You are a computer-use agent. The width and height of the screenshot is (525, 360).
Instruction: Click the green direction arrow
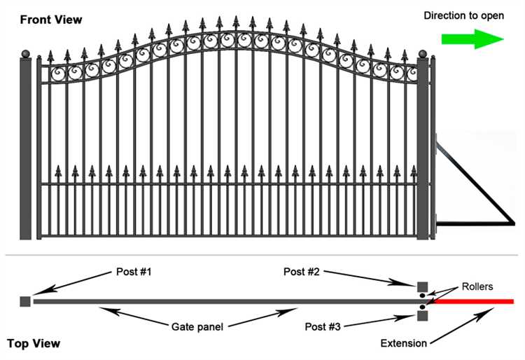472,39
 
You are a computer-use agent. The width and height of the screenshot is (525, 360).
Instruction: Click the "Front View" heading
51,20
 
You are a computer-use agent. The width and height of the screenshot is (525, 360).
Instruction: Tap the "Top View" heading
34,344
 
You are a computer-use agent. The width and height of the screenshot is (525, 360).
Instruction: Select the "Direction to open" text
463,15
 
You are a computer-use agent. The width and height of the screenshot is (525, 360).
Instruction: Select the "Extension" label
404,343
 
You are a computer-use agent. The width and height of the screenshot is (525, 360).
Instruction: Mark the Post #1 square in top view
25,301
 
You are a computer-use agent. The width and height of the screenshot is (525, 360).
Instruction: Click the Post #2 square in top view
422,286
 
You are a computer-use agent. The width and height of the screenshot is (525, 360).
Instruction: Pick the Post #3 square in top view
422,316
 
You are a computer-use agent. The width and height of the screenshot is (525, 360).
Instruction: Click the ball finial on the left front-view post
27,53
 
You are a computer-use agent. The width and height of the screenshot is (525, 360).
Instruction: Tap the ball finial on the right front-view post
423,53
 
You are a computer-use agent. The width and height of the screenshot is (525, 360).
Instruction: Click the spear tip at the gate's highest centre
235,21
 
